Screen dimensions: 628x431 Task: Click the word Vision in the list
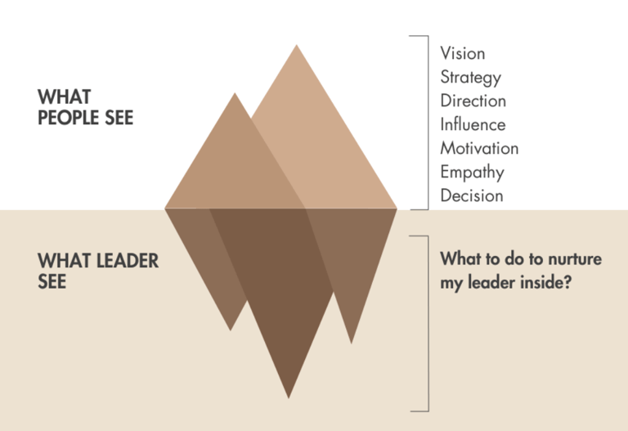pyautogui.click(x=462, y=54)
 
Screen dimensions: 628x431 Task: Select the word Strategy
pyautogui.click(x=470, y=79)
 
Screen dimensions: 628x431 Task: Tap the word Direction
pyautogui.click(x=473, y=101)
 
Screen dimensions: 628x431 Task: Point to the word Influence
pyautogui.click(x=473, y=125)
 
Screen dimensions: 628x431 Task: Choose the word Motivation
pyautogui.click(x=479, y=149)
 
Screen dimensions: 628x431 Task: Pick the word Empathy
pyautogui.click(x=472, y=173)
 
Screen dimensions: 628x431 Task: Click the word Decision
pyautogui.click(x=471, y=196)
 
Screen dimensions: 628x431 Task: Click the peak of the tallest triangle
pyautogui.click(x=296, y=45)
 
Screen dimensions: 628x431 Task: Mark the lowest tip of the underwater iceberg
pyautogui.click(x=289, y=398)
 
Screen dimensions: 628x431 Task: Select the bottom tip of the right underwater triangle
pyautogui.click(x=352, y=343)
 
